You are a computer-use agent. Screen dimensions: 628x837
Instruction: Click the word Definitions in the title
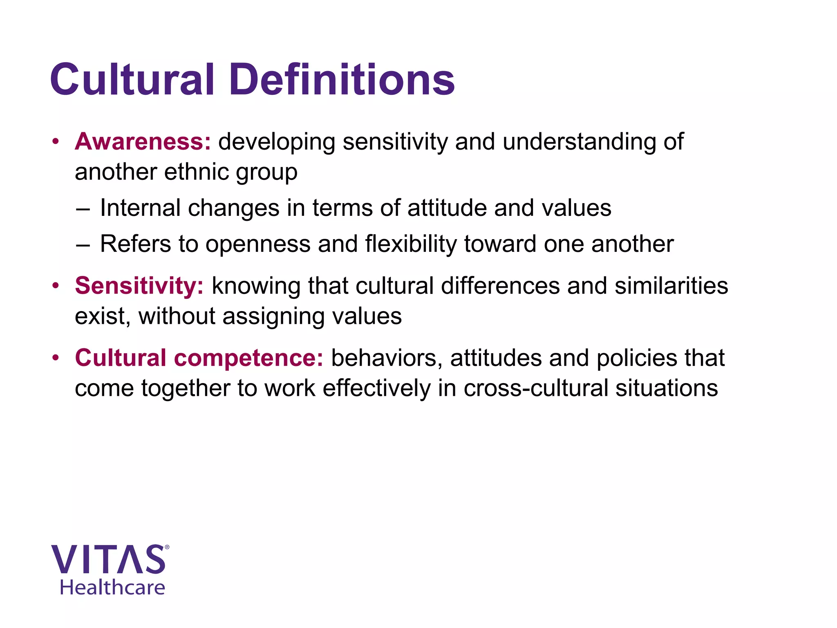pyautogui.click(x=342, y=80)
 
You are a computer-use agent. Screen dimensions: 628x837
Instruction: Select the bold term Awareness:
pyautogui.click(x=143, y=142)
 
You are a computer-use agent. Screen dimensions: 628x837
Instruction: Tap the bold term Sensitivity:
pyautogui.click(x=139, y=286)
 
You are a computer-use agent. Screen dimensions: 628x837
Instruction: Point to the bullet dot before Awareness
pyautogui.click(x=56, y=142)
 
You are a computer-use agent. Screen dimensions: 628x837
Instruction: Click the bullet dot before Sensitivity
pyautogui.click(x=56, y=286)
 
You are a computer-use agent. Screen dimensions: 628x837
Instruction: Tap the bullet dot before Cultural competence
pyautogui.click(x=56, y=359)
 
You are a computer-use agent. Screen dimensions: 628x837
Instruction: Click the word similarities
pyautogui.click(x=671, y=286)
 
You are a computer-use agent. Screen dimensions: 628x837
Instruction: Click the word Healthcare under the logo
pyautogui.click(x=112, y=588)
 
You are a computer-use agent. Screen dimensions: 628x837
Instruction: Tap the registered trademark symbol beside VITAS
pyautogui.click(x=167, y=547)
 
